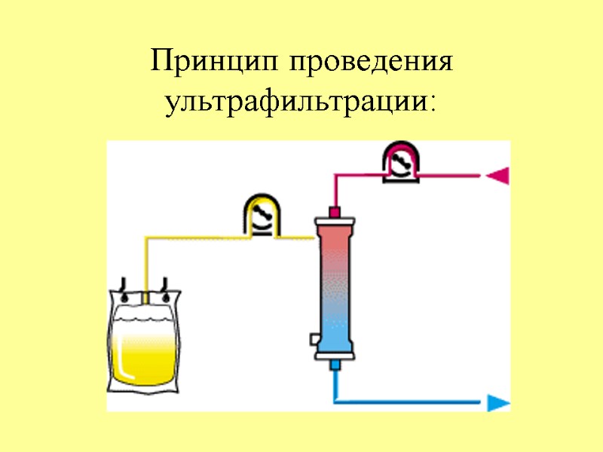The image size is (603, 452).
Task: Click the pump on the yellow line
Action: [261, 215]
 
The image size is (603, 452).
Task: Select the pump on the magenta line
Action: [399, 160]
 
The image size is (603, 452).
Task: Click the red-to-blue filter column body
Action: [335, 286]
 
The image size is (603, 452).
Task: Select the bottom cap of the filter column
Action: [335, 353]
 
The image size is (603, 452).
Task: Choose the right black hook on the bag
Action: [164, 289]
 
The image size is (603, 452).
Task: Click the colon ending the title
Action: [432, 105]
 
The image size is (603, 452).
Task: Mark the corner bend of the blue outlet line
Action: [335, 402]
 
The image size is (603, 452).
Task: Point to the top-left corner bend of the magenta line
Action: [335, 176]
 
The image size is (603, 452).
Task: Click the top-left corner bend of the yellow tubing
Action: [145, 240]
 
